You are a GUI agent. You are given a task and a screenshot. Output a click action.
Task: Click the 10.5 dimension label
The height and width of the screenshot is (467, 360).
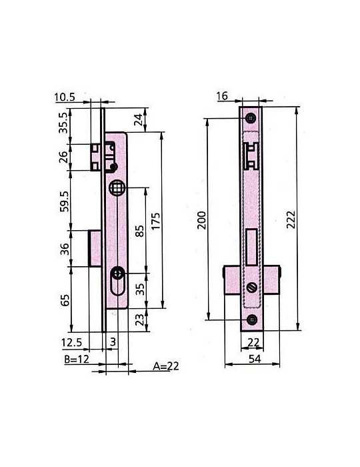pyautogui.click(x=65, y=97)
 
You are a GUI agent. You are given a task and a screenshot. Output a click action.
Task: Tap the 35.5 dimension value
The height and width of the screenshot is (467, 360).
pyautogui.click(x=64, y=123)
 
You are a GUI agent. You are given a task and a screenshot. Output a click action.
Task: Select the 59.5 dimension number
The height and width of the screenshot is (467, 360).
pyautogui.click(x=64, y=201)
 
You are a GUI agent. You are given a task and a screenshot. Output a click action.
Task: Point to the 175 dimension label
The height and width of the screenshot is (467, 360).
pyautogui.click(x=155, y=221)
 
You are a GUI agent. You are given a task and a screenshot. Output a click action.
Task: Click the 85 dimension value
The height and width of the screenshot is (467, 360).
pyautogui.click(x=139, y=231)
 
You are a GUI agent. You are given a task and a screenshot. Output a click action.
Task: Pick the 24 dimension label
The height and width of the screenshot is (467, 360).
pyautogui.click(x=139, y=119)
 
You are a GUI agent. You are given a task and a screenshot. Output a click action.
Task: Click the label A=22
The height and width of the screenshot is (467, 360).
pyautogui.click(x=166, y=366)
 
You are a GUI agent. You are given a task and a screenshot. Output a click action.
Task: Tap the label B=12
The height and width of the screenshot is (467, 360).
pyautogui.click(x=77, y=359)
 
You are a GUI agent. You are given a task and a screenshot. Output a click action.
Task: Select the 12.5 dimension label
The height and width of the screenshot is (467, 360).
pyautogui.click(x=71, y=342)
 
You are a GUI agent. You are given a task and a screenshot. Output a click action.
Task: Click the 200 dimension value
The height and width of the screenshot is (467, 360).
pyautogui.click(x=202, y=220)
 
